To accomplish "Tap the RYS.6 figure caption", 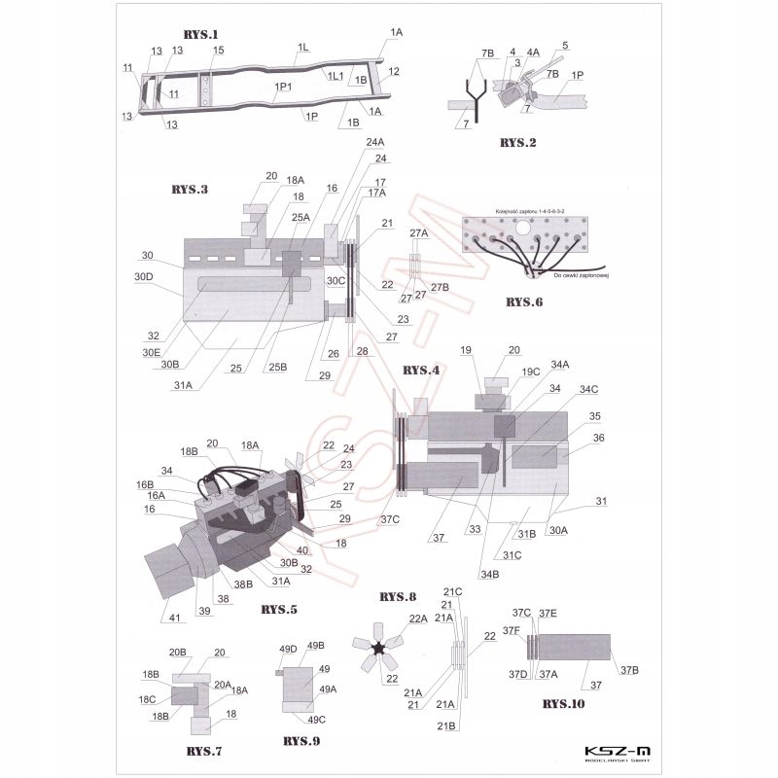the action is tap(529, 302).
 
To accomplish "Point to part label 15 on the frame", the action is tap(219, 50).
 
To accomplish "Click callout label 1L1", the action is tap(335, 76).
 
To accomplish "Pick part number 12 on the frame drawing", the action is tap(393, 71).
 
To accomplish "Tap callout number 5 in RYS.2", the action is tap(565, 45).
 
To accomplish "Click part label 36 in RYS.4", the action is tap(598, 438).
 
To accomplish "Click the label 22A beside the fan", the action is tap(419, 619).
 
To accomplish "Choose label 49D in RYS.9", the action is tap(288, 649).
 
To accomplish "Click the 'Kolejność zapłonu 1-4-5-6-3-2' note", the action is tap(531, 210).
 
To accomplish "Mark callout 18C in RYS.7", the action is tap(149, 699).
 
